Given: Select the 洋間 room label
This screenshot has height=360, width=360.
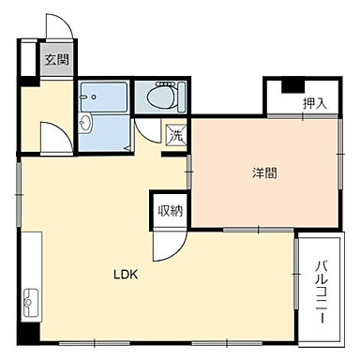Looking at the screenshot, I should pyautogui.click(x=263, y=172).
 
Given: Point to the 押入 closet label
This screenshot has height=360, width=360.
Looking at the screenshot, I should pyautogui.click(x=314, y=102).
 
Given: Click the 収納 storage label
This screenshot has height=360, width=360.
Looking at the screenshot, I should pyautogui.click(x=170, y=209).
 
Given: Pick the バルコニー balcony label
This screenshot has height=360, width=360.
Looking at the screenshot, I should pyautogui.click(x=320, y=291).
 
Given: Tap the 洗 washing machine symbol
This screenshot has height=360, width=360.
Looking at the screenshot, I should pyautogui.click(x=176, y=134).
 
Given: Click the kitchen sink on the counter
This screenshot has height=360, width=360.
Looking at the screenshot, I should pyautogui.click(x=30, y=301).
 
